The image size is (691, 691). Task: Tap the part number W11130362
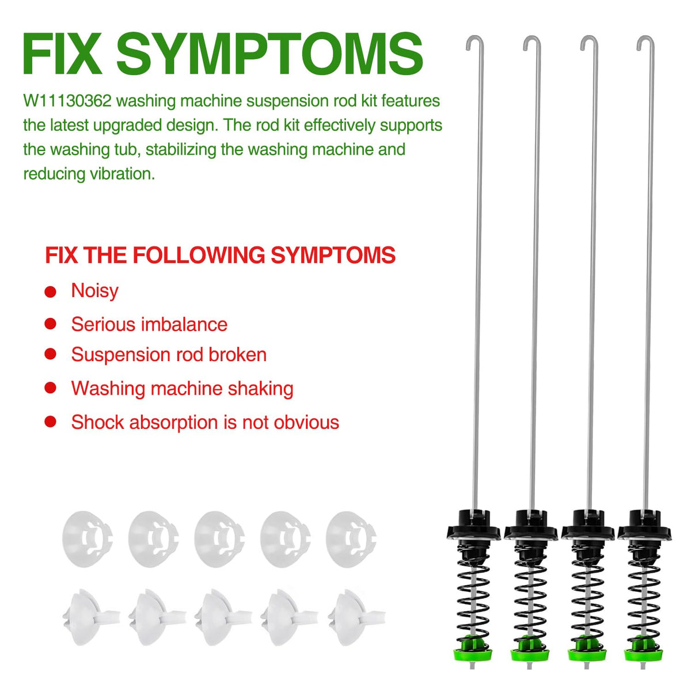[67, 101]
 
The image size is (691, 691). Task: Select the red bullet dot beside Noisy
[50, 292]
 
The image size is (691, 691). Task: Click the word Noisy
[94, 291]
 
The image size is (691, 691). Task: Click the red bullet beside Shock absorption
[50, 422]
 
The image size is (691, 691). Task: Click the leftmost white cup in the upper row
[88, 539]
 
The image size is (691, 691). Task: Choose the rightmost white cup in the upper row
[351, 539]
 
